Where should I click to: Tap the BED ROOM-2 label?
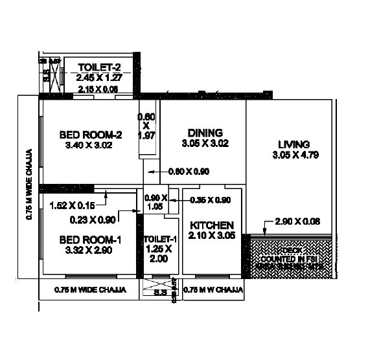coord(90,135)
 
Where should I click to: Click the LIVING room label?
coord(293,144)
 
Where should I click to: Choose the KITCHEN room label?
coord(212,225)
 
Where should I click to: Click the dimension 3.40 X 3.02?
coord(90,146)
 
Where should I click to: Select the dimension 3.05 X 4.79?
coord(293,155)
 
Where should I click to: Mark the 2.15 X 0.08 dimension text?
coord(97,89)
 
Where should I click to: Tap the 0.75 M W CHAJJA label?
coord(213,289)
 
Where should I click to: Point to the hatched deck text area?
coord(292,256)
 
